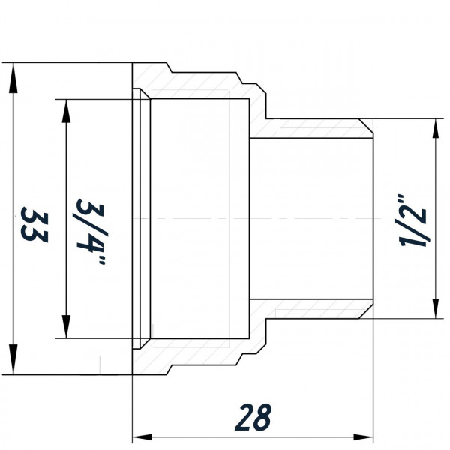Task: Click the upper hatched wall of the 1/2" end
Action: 315,128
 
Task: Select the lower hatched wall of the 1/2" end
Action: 315,310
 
